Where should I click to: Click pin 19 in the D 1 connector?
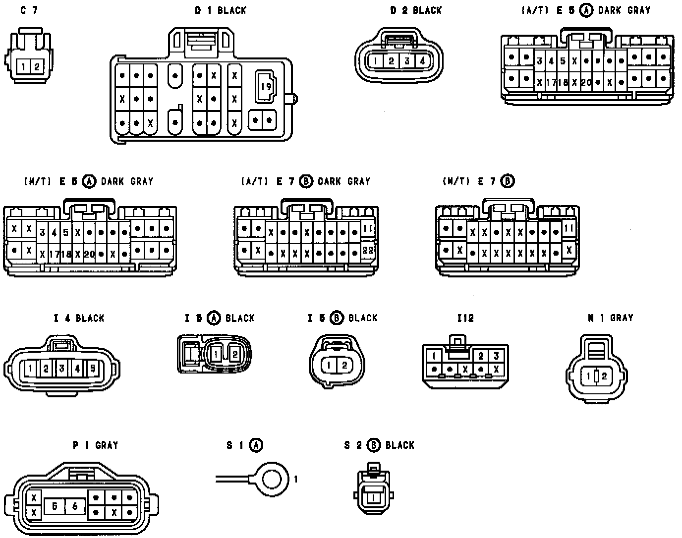click(266, 87)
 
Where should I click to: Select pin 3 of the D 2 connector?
click(407, 61)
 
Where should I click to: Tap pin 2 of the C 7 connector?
click(37, 66)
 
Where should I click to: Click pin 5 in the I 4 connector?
click(93, 368)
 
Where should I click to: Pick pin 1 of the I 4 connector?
click(30, 368)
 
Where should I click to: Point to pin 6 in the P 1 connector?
click(75, 506)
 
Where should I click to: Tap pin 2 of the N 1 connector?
click(604, 376)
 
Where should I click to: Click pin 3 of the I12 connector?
click(496, 356)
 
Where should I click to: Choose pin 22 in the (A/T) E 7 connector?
click(368, 250)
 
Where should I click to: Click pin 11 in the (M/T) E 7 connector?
click(569, 228)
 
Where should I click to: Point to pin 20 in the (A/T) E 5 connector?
click(586, 83)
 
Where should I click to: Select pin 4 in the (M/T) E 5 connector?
click(54, 232)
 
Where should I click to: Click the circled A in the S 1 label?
click(256, 445)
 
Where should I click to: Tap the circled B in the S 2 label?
click(374, 445)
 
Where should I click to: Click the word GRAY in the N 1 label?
click(622, 318)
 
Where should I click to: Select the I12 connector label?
click(465, 318)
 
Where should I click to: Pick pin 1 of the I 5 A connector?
click(216, 354)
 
